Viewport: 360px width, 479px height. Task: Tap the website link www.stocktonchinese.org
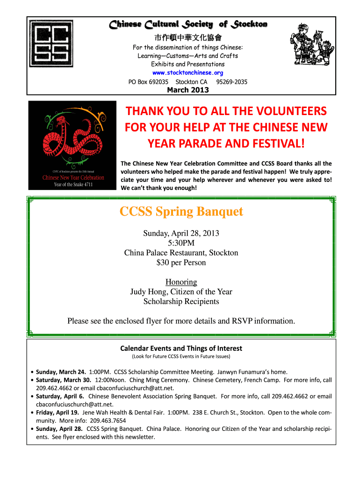[188, 73]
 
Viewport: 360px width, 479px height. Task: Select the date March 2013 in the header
[188, 90]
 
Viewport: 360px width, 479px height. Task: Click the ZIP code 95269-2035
[232, 82]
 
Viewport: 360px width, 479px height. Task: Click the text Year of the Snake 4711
[73, 184]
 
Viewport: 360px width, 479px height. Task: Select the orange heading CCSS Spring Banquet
[181, 212]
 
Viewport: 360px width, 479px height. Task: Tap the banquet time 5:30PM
[181, 243]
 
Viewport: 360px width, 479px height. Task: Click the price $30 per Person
[181, 262]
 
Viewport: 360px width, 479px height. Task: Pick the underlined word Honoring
[181, 282]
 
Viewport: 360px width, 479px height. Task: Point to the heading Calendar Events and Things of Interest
[181, 348]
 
